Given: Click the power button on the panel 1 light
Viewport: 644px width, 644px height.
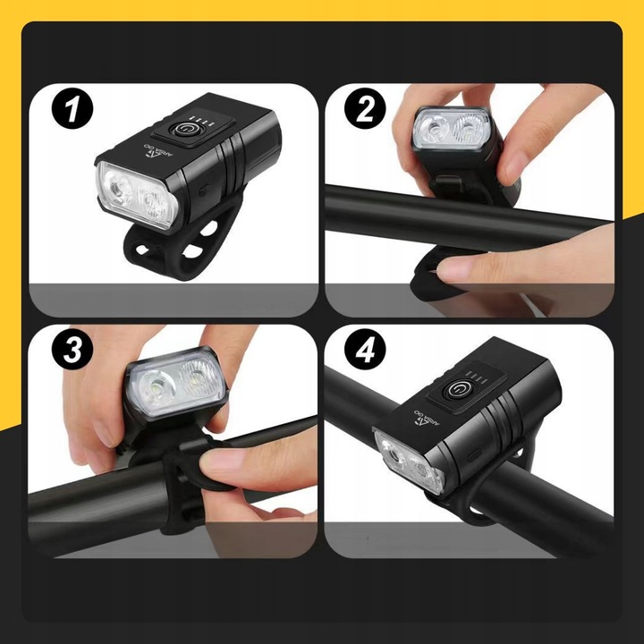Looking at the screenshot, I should coord(187,129).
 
